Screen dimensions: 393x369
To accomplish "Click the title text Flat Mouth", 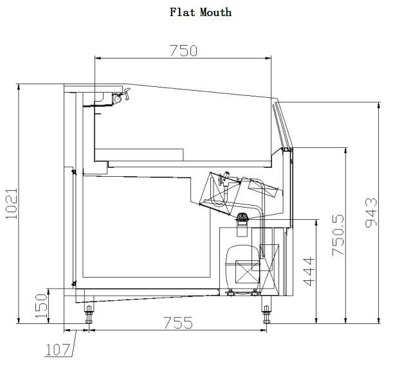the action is [201, 12].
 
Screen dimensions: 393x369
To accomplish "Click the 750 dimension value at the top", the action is [183, 51].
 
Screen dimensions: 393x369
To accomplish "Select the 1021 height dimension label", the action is [12, 204].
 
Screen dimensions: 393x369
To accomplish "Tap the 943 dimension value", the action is [370, 212].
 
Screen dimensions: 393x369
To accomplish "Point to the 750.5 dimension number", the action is [338, 235].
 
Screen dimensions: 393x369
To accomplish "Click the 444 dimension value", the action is [309, 271].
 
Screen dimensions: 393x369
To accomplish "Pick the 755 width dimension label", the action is [178, 323].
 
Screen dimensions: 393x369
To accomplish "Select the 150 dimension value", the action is [41, 306].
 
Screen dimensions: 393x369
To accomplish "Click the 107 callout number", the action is [57, 350].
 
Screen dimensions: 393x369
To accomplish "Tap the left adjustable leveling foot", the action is [89, 314].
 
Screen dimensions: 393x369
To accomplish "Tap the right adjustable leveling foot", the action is [266, 314].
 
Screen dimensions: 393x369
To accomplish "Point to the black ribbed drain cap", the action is [242, 217].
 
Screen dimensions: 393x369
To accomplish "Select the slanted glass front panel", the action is [283, 125].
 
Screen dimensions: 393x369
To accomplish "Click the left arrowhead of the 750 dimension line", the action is [98, 59].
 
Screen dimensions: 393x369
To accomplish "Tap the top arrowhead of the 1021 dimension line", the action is [18, 87].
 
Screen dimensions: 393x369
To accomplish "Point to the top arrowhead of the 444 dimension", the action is [316, 222].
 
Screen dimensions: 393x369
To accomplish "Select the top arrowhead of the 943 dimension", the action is [379, 105].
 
